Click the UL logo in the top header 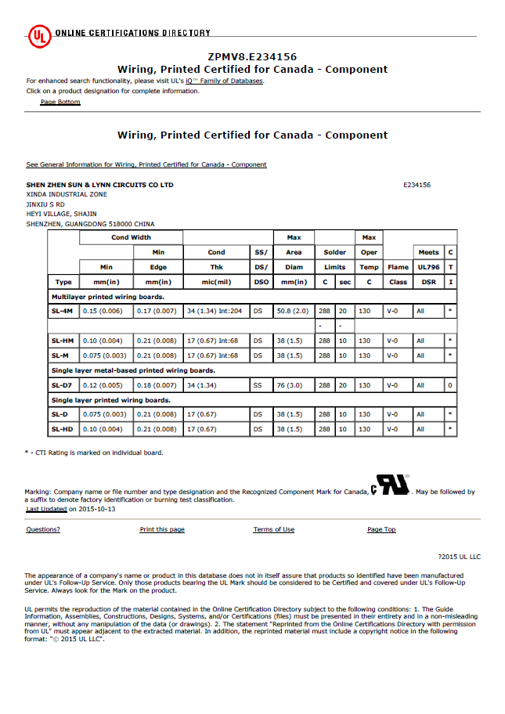tap(39, 34)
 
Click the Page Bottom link tap(60, 102)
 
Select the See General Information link tap(146, 164)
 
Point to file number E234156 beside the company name tap(417, 185)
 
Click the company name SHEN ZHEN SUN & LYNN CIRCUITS tap(100, 185)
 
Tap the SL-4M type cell tap(63, 311)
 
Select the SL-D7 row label tap(63, 385)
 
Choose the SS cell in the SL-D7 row tap(258, 385)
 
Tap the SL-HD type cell tap(63, 429)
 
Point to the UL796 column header tap(428, 267)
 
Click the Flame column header tap(398, 267)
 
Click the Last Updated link tap(46, 509)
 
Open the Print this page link tap(162, 530)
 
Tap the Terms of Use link tap(273, 530)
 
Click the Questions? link tap(43, 530)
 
